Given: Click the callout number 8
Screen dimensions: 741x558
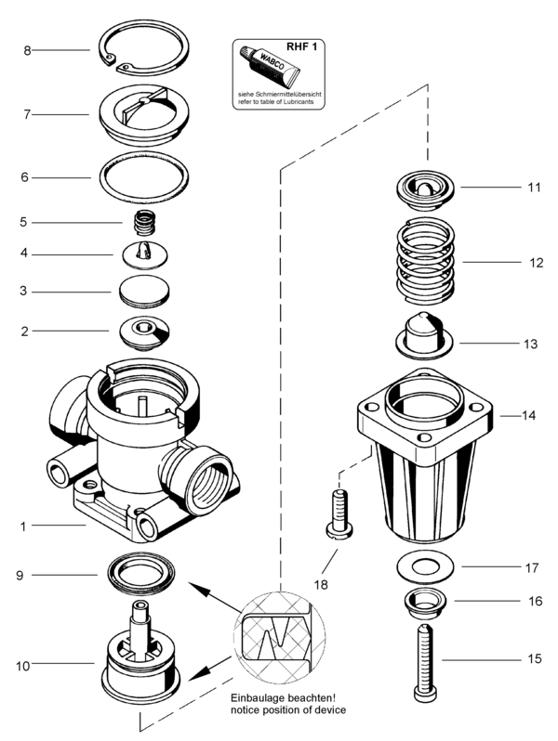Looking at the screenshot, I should (x=28, y=49).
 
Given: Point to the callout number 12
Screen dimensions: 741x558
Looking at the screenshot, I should (x=536, y=263).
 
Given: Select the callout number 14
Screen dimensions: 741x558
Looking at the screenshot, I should (x=529, y=416).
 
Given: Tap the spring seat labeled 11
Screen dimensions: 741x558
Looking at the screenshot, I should (x=427, y=190).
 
